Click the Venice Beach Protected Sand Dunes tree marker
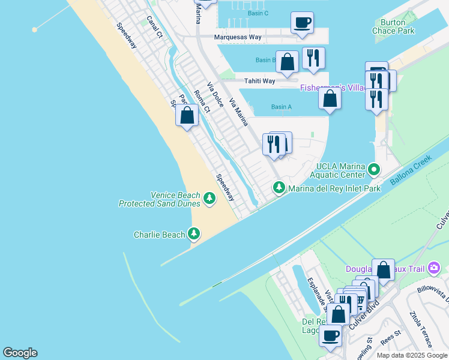[209, 197]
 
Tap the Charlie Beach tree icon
[194, 233]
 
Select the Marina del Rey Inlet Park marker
[279, 188]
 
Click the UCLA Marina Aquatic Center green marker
[374, 169]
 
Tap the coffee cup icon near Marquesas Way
[302, 23]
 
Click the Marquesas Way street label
[238, 37]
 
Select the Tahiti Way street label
[259, 81]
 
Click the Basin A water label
[281, 107]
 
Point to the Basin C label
[258, 13]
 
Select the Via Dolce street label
[215, 94]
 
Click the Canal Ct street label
[154, 26]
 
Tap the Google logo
[20, 353]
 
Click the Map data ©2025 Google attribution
[412, 355]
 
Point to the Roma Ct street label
[202, 101]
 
